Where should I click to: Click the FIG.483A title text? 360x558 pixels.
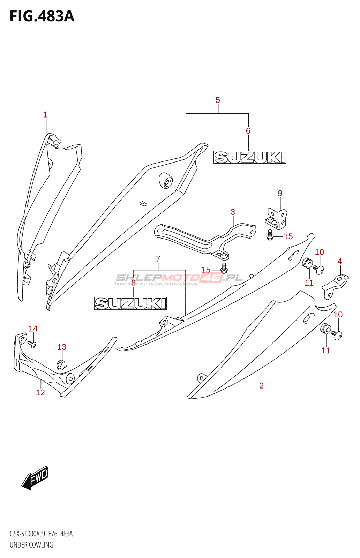(x=42, y=16)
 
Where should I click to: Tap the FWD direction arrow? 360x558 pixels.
(x=35, y=477)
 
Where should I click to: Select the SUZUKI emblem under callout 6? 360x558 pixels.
(x=250, y=157)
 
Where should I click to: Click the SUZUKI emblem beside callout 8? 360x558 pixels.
(x=130, y=303)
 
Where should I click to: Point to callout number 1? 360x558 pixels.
(x=45, y=115)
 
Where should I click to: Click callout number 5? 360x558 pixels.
(x=218, y=100)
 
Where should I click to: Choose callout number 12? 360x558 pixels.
(x=40, y=393)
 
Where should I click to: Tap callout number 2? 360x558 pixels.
(x=261, y=386)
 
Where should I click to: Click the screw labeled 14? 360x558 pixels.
(x=32, y=344)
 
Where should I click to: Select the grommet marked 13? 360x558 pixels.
(x=61, y=365)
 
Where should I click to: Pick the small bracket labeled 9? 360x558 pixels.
(x=277, y=219)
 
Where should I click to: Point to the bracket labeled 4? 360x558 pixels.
(x=335, y=286)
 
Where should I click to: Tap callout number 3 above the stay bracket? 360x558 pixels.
(x=233, y=212)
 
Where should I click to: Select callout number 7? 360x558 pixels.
(x=158, y=259)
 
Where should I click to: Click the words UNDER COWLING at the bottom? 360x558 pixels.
(x=31, y=545)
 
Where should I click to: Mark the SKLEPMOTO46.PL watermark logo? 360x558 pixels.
(x=179, y=278)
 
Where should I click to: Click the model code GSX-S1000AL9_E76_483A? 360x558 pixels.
(x=41, y=534)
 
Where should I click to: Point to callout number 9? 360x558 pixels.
(x=280, y=193)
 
